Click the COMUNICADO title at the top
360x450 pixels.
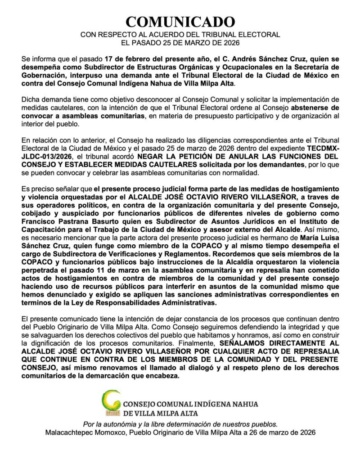tap(180, 21)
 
